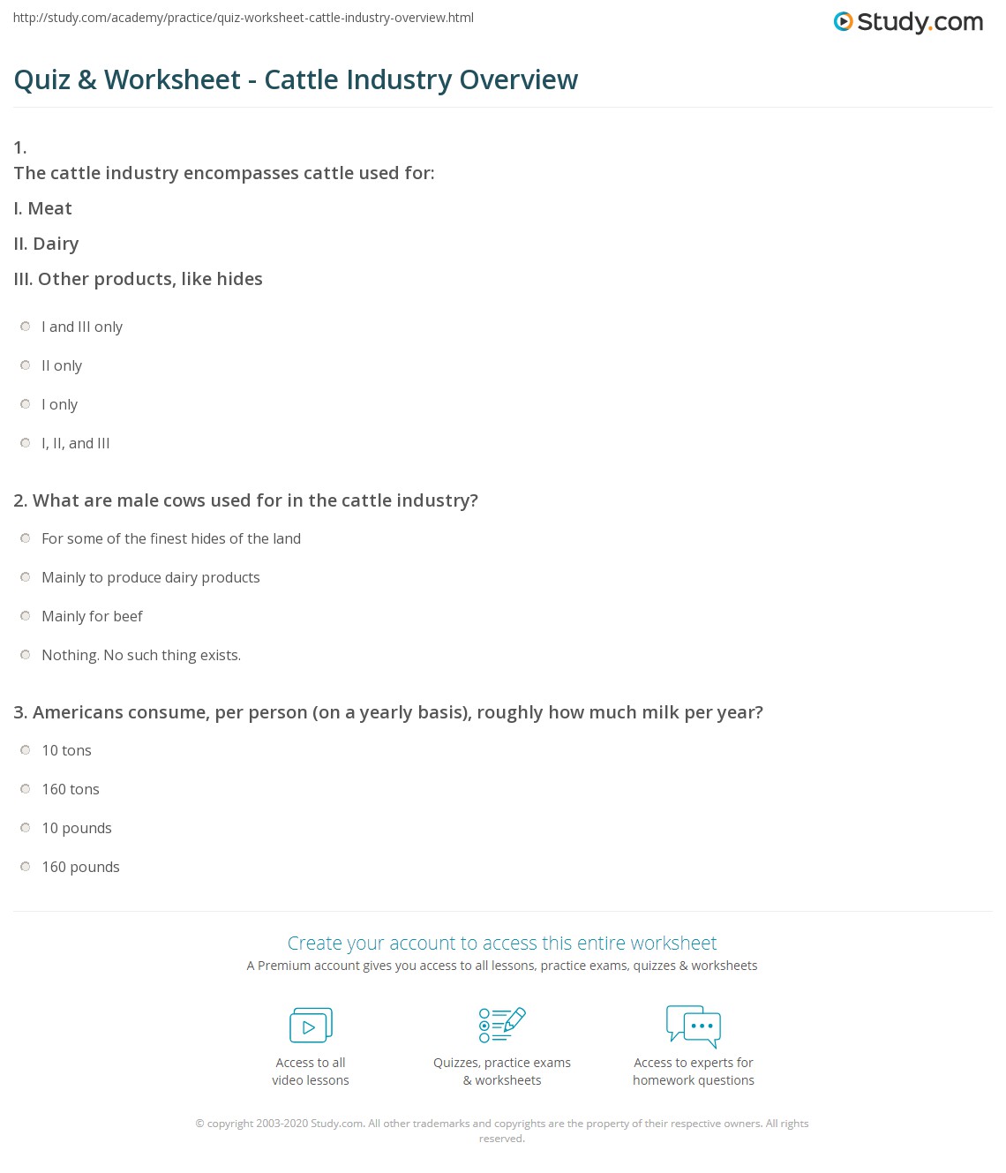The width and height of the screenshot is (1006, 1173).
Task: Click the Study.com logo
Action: [908, 22]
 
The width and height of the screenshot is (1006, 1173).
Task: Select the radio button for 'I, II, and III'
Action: [26, 443]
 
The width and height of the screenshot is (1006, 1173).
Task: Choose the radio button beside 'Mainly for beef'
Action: [26, 616]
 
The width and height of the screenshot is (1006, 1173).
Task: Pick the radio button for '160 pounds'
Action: [26, 867]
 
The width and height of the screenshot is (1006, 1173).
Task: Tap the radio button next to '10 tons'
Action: [26, 750]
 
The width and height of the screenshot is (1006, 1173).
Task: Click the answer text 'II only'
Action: [62, 365]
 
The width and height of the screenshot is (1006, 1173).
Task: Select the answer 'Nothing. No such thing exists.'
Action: [141, 655]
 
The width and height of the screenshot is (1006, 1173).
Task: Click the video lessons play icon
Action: [311, 1026]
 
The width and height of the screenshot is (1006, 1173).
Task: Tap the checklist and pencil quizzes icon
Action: [502, 1025]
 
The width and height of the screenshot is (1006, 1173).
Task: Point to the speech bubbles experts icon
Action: [694, 1026]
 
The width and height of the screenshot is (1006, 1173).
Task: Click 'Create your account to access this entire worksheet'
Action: [502, 943]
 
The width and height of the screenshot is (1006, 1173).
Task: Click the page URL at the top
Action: [244, 18]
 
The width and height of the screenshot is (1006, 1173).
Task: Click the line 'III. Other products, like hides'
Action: [139, 279]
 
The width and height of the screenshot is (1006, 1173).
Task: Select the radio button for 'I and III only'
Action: [26, 327]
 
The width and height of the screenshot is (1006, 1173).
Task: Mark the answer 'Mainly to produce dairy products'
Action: [151, 577]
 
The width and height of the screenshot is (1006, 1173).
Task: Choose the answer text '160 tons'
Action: [71, 789]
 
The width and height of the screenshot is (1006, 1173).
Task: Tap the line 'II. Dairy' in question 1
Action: [47, 244]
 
